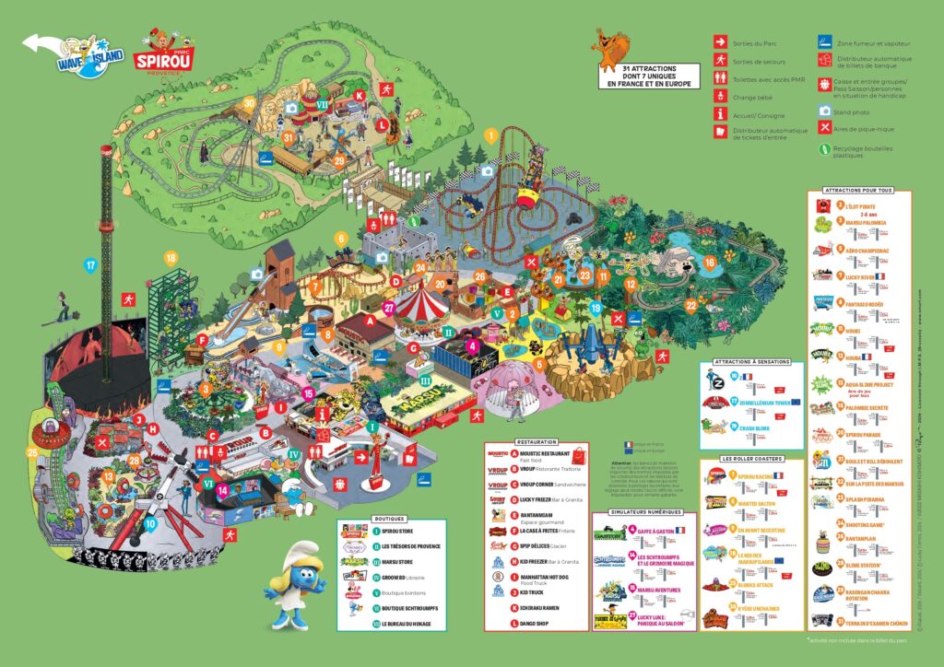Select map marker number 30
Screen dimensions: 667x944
[x=249, y=103]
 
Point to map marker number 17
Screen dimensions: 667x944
[x=89, y=265]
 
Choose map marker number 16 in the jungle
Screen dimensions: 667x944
[x=709, y=262]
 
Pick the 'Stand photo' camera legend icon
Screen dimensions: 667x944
[x=824, y=110]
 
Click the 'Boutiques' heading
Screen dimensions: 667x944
[x=389, y=519]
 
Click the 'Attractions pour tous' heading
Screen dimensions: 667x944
[x=859, y=190]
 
